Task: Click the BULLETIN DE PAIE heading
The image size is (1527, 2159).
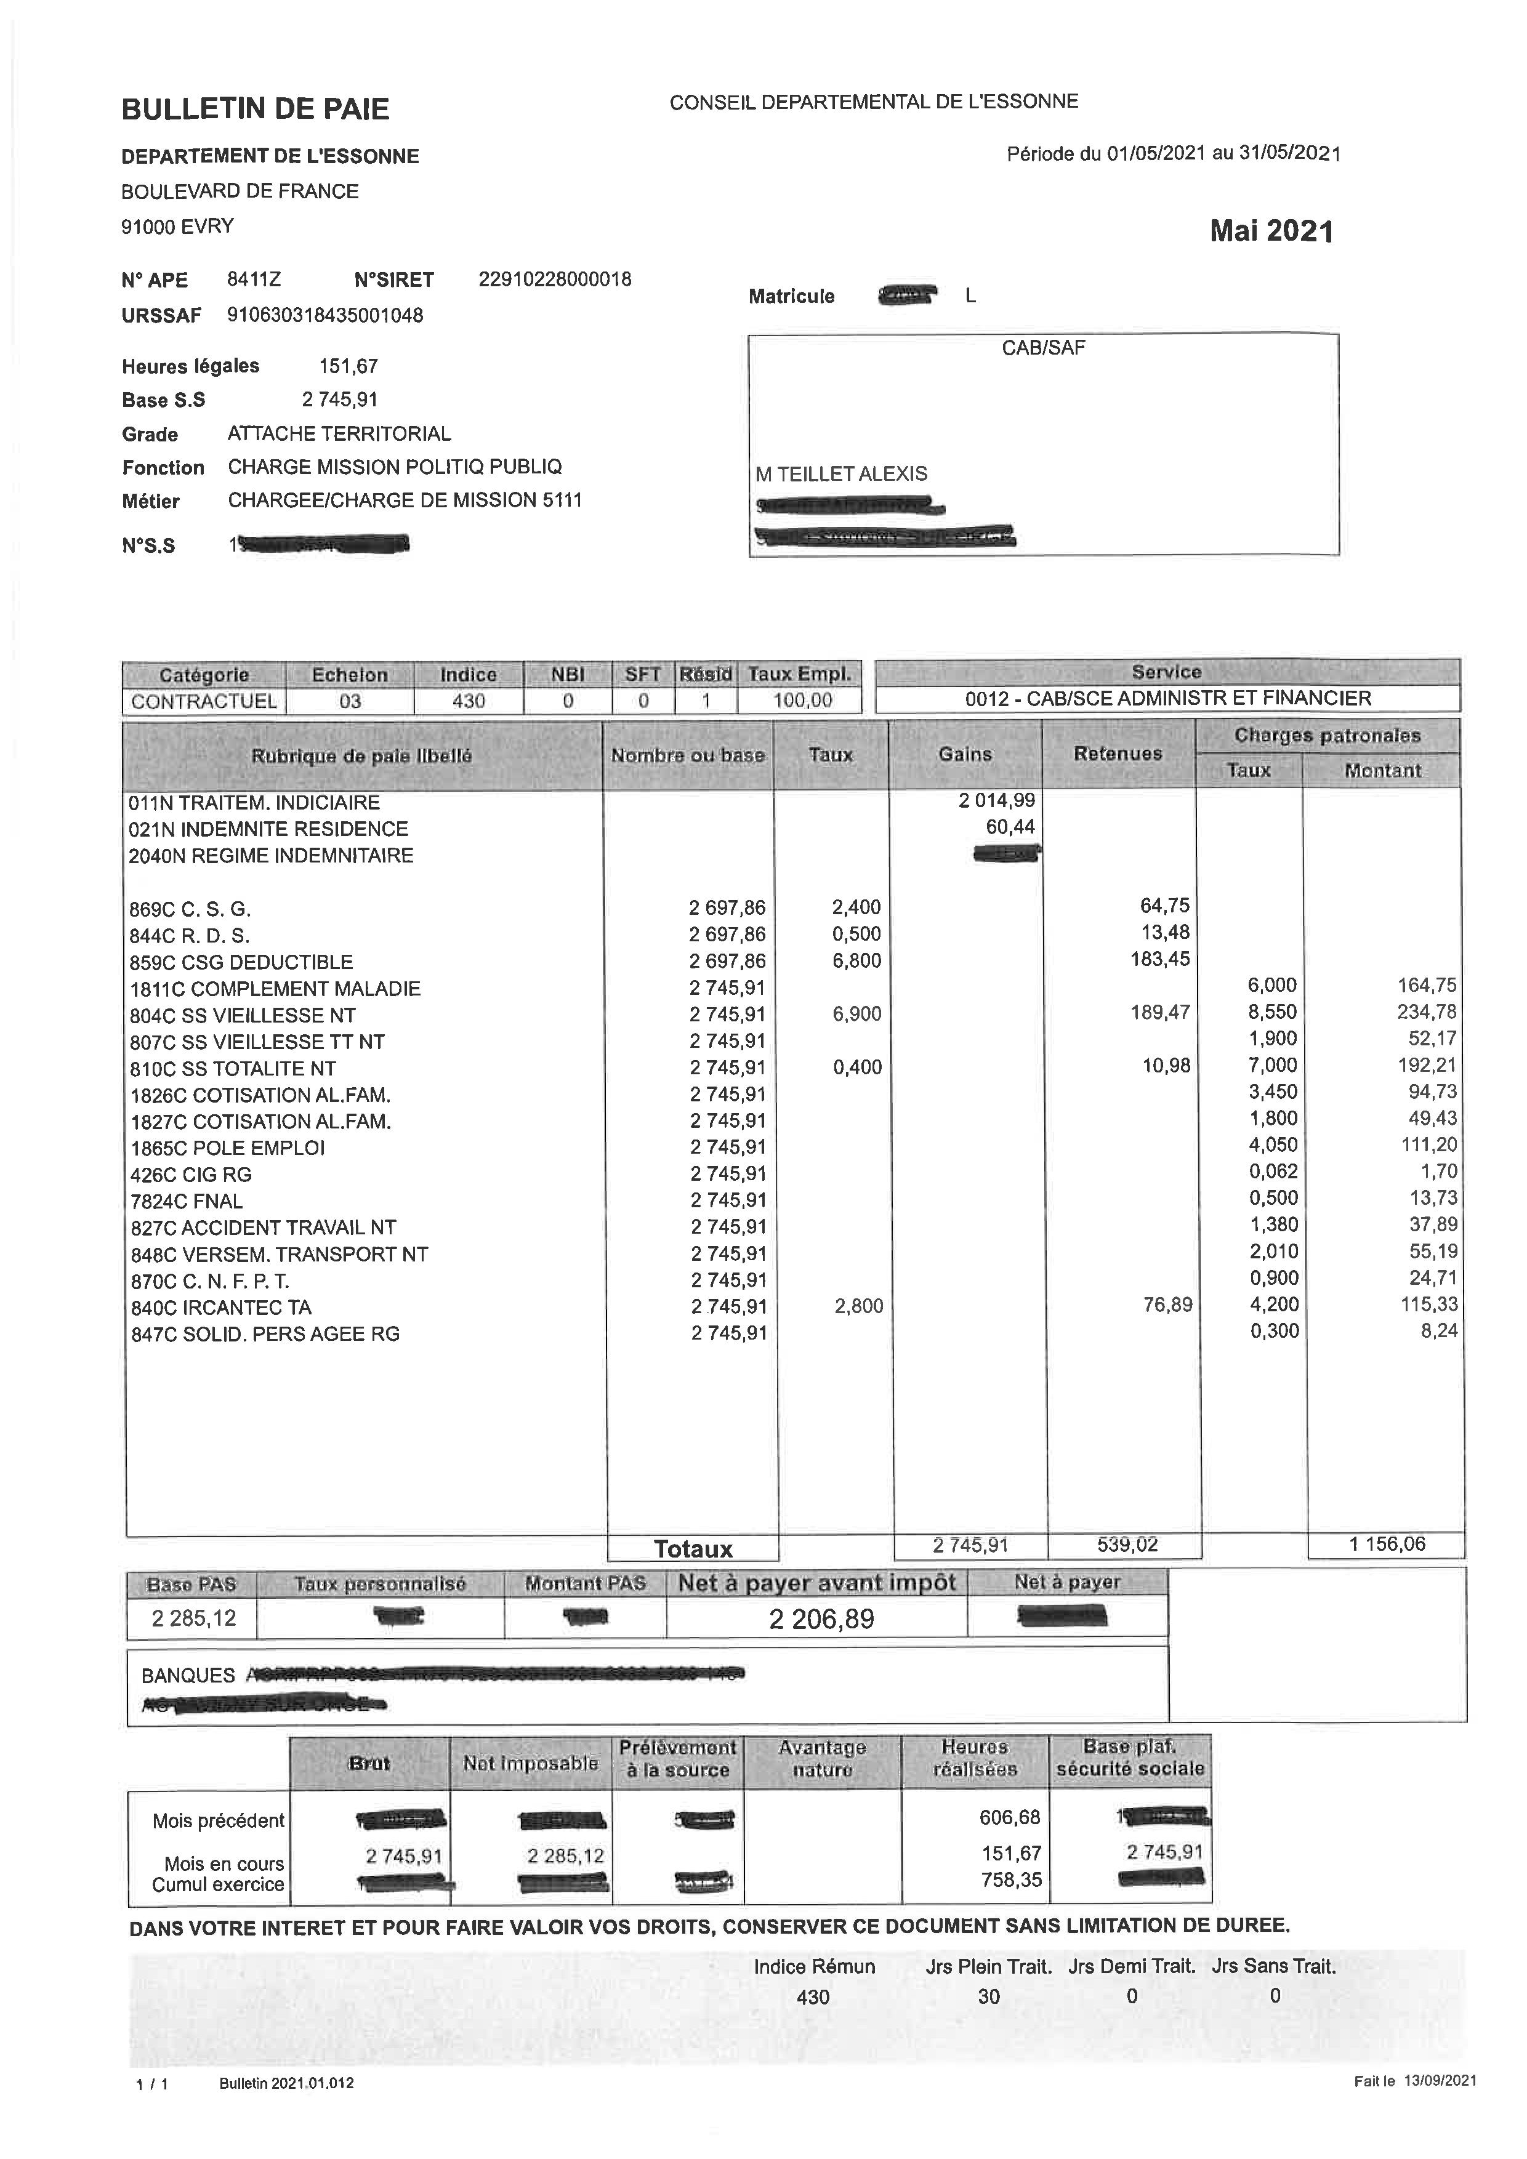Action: tap(255, 109)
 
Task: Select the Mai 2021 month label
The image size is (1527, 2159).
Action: tap(1271, 231)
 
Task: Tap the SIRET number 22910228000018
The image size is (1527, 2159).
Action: tap(555, 279)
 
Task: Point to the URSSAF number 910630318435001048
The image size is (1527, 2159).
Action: tap(325, 315)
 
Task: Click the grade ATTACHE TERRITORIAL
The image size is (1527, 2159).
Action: tap(339, 433)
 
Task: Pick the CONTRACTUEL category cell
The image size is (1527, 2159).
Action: tap(204, 701)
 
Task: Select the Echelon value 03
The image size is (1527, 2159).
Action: tap(350, 701)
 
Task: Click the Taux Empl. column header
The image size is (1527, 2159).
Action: tap(799, 674)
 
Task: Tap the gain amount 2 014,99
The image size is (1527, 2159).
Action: tap(997, 801)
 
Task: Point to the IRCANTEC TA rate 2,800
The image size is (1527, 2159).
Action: tap(858, 1306)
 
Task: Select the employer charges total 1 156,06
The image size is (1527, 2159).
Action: tap(1387, 1544)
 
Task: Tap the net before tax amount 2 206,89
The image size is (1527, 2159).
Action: tap(821, 1618)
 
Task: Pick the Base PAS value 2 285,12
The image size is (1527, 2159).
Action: tap(194, 1618)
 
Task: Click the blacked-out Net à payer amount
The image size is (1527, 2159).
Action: tap(1063, 1617)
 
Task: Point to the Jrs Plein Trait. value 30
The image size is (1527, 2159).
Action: tap(988, 1996)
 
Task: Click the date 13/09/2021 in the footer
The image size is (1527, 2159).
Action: tap(1441, 2081)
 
